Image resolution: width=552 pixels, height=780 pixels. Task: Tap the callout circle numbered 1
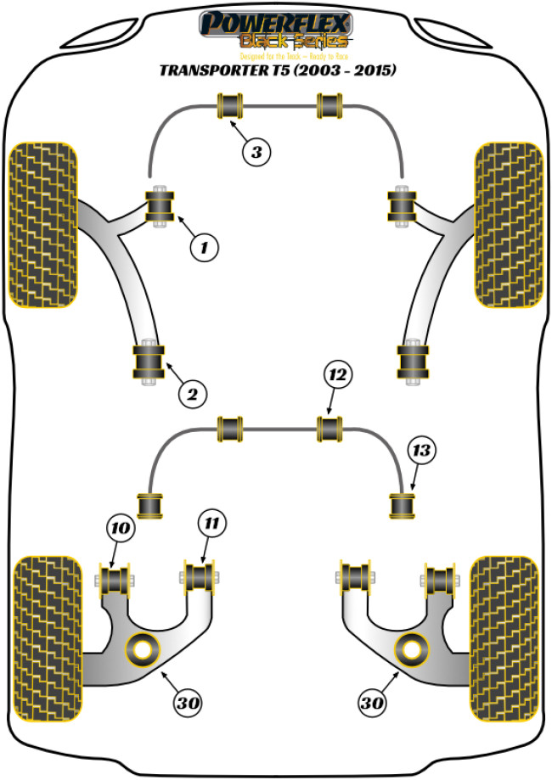pyautogui.click(x=204, y=248)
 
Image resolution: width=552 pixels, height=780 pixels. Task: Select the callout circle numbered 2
pyautogui.click(x=192, y=393)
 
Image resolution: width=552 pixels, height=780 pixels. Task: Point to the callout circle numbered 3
pyautogui.click(x=256, y=152)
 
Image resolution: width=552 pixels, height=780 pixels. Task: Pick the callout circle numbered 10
pyautogui.click(x=121, y=528)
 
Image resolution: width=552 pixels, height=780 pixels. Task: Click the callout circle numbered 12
pyautogui.click(x=337, y=374)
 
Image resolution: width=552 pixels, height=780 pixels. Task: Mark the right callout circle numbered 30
pyautogui.click(x=373, y=703)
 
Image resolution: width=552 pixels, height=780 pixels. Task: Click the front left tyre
pyautogui.click(x=43, y=224)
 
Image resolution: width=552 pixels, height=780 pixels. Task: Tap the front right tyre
pyautogui.click(x=508, y=224)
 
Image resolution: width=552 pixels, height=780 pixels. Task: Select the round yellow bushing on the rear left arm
pyautogui.click(x=143, y=650)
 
